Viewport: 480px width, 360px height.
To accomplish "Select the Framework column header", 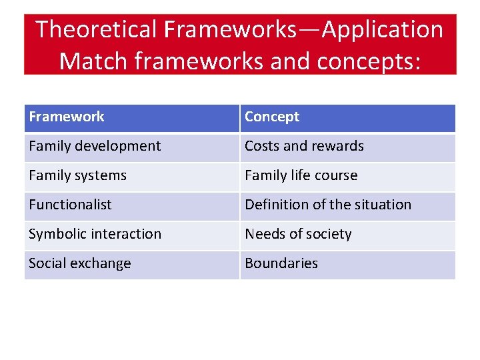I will tap(67, 117).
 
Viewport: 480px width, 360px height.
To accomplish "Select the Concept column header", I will tap(272, 117).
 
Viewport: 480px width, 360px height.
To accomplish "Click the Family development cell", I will tap(95, 146).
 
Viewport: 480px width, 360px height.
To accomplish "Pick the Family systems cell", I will tap(77, 175).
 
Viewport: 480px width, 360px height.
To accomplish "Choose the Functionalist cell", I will tap(70, 205).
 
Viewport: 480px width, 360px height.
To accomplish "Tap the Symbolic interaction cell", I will tap(95, 234).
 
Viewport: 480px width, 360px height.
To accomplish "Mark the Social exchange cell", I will tap(79, 263).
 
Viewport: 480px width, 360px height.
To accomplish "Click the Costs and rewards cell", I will tap(304, 146).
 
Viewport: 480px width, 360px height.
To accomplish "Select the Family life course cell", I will tap(301, 175).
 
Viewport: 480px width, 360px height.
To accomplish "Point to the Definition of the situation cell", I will tap(328, 205).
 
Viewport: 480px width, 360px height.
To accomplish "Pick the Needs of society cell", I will tap(298, 234).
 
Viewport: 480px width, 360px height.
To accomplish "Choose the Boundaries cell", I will tap(281, 263).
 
